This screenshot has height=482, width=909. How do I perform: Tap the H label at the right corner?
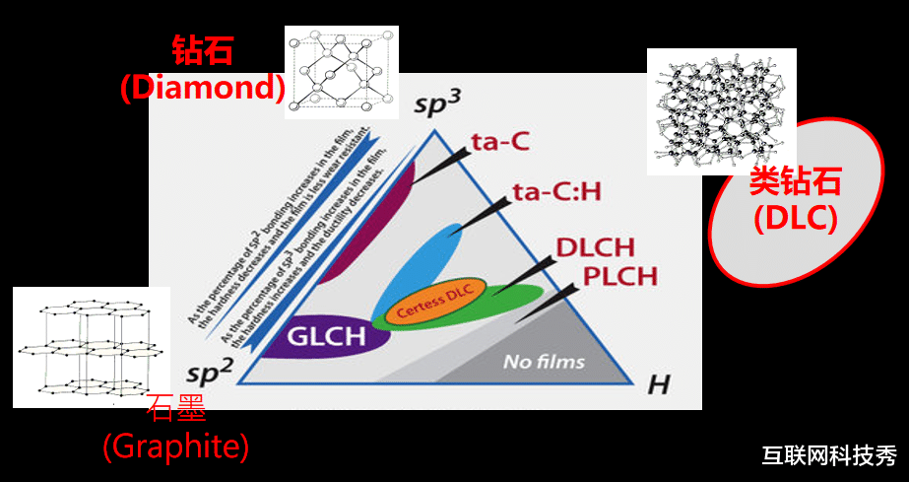(658, 383)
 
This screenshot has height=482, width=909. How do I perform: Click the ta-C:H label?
(556, 191)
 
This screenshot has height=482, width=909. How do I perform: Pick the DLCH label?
(595, 247)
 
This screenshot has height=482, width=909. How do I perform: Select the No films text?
(544, 361)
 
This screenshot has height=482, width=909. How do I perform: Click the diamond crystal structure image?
(341, 72)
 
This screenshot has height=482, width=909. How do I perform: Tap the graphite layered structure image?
(91, 346)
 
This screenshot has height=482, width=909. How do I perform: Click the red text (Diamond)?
(202, 88)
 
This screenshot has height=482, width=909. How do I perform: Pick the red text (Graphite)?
(175, 447)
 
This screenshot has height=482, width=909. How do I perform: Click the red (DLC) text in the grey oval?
(796, 218)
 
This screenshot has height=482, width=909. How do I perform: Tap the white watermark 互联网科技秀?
(828, 455)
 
